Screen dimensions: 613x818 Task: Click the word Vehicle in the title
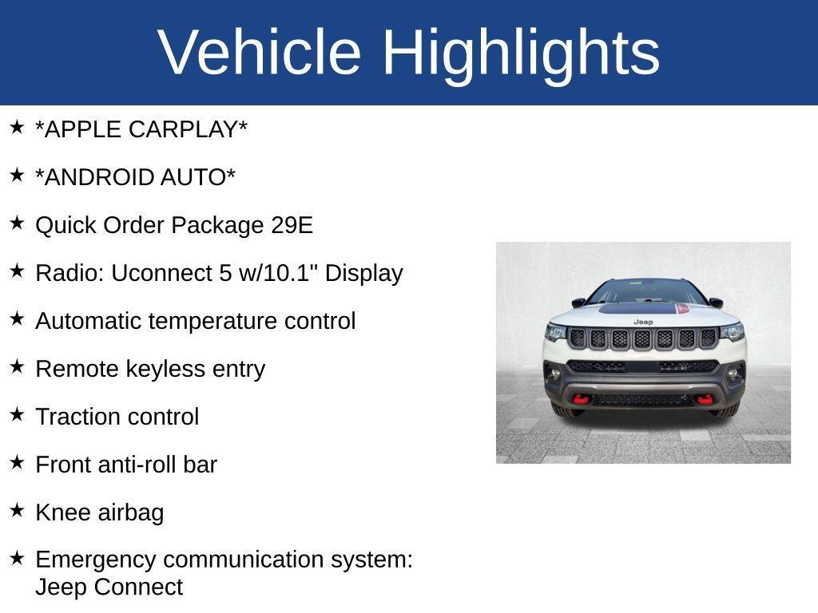(x=260, y=52)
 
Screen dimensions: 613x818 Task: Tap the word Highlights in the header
(x=521, y=52)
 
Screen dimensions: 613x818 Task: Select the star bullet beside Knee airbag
(x=17, y=509)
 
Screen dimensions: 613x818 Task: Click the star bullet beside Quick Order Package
(x=17, y=222)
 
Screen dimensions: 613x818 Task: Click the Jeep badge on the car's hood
(x=642, y=322)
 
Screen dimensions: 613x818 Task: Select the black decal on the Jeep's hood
(x=639, y=309)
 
